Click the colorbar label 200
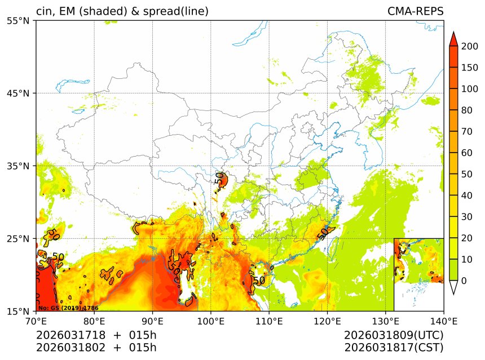469,46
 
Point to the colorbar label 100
469,89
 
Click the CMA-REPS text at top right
415,11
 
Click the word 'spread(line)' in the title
177,11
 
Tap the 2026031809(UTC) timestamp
394,336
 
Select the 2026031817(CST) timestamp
394,348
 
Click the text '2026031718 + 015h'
96,336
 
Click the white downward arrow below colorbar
453,287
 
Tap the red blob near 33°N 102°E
222,180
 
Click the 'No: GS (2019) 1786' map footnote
60,308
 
